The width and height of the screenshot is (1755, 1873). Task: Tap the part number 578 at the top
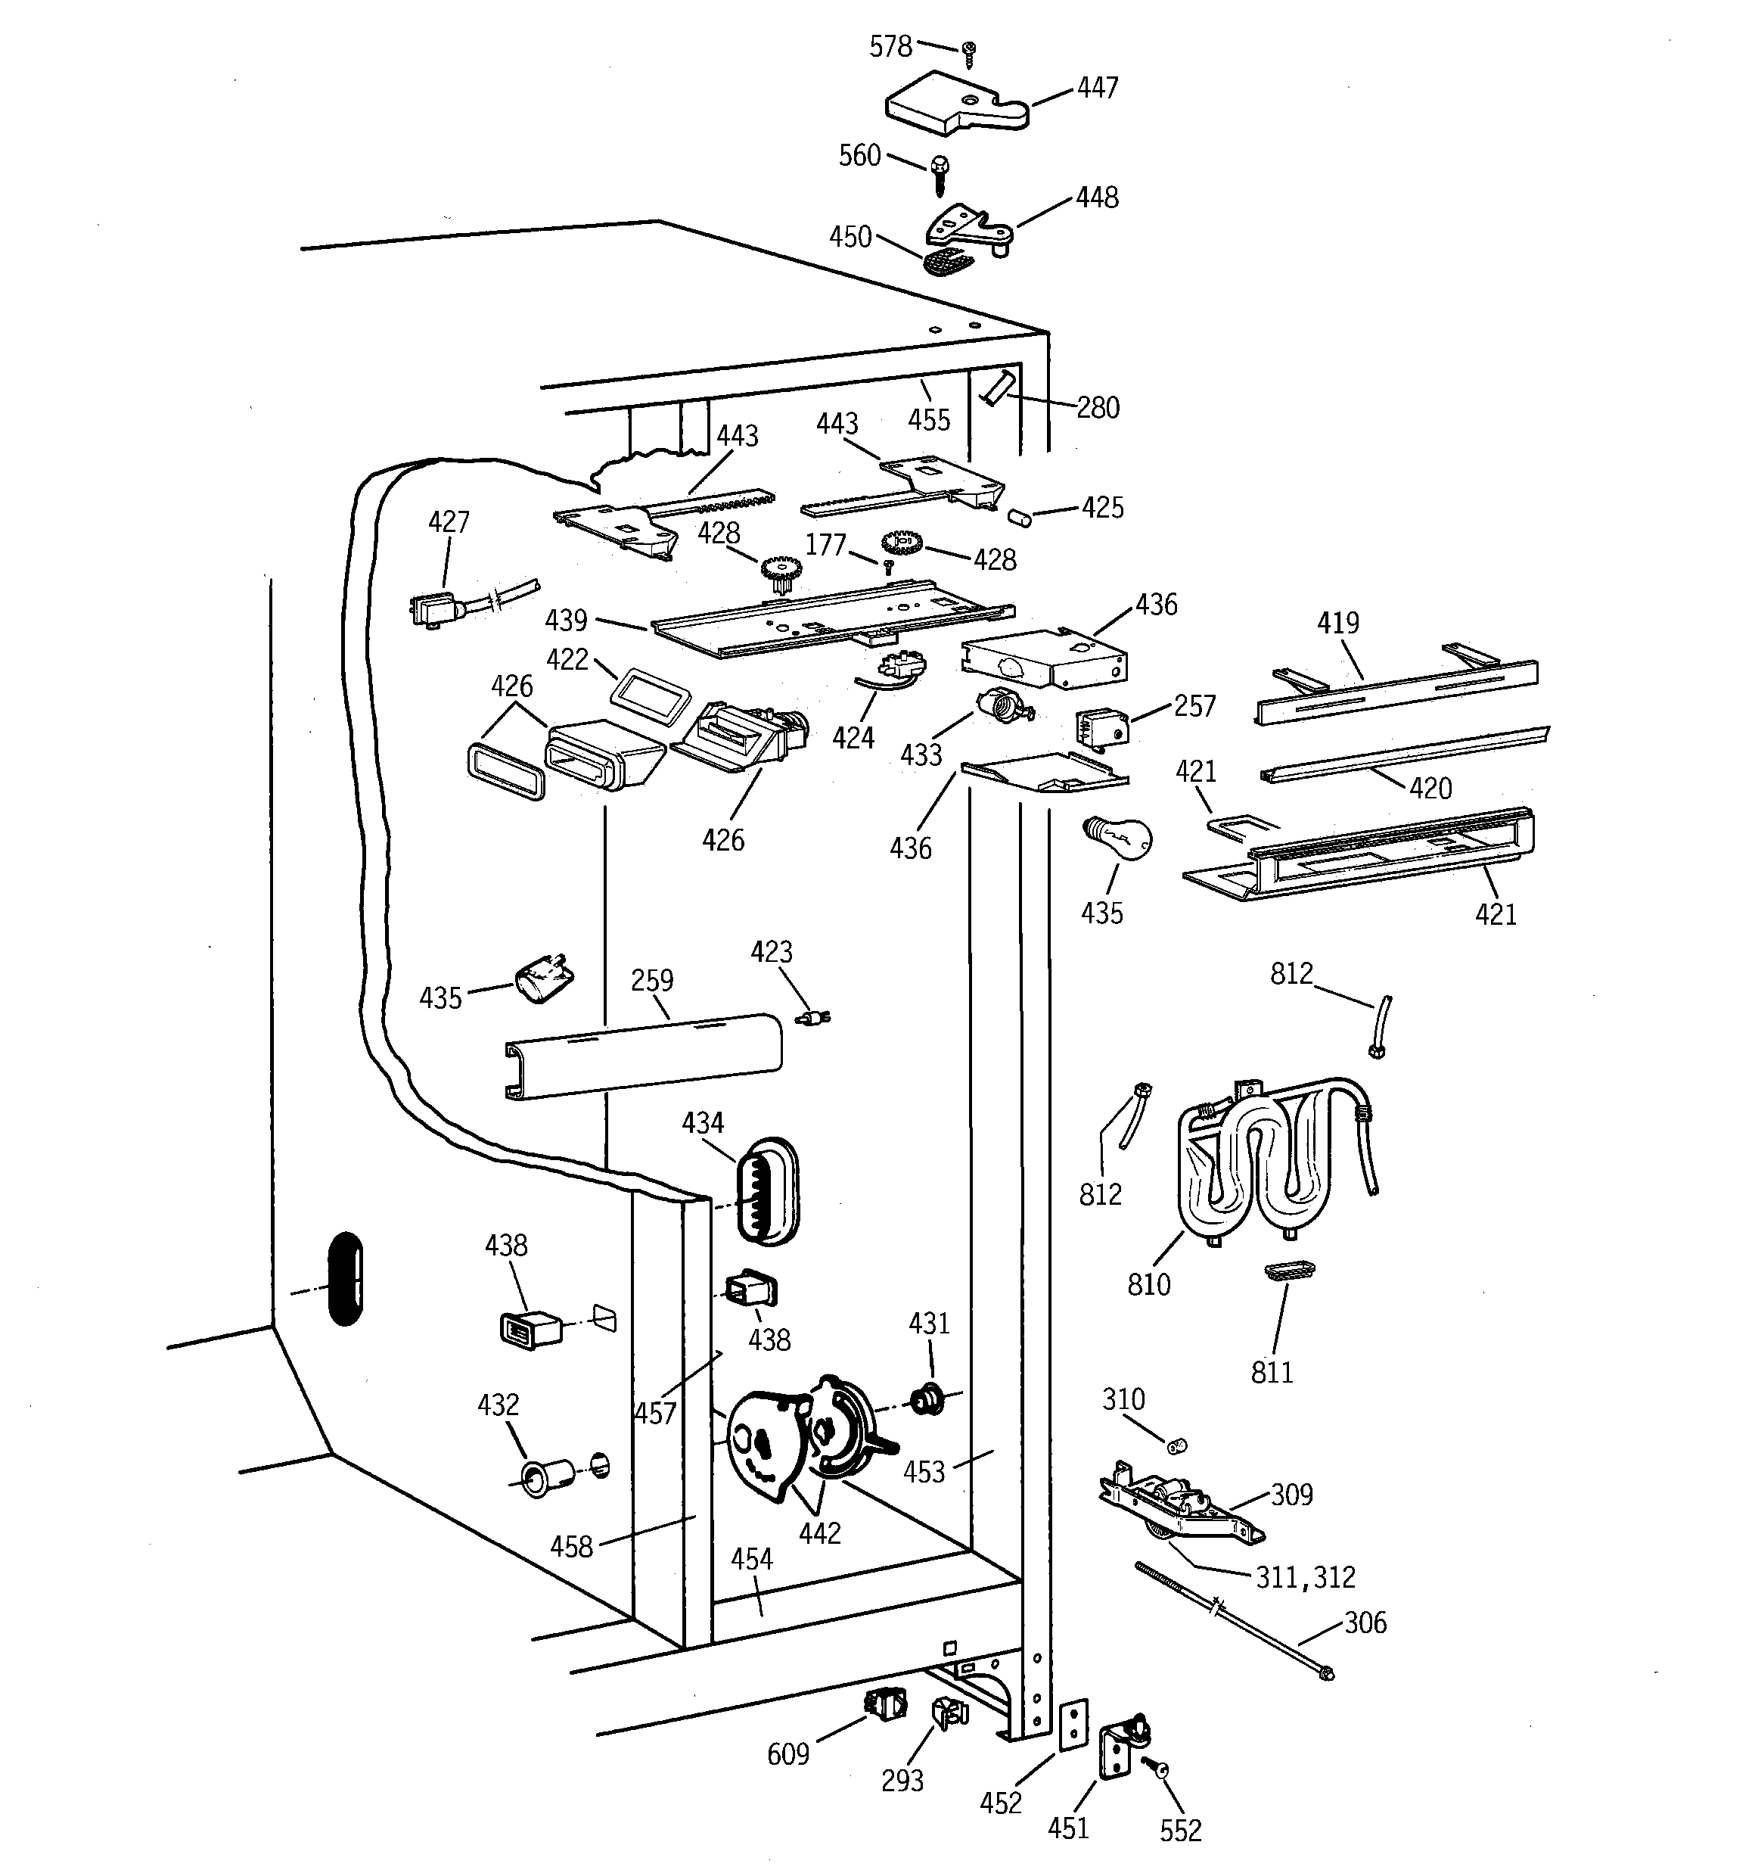(890, 46)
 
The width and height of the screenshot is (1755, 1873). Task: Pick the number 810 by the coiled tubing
(1148, 1284)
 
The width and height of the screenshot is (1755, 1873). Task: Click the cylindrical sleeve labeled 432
(544, 1476)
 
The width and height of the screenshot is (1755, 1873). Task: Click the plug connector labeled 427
(434, 608)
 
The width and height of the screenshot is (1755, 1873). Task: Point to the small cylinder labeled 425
(1019, 517)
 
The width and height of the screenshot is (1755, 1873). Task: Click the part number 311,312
(1305, 1577)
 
